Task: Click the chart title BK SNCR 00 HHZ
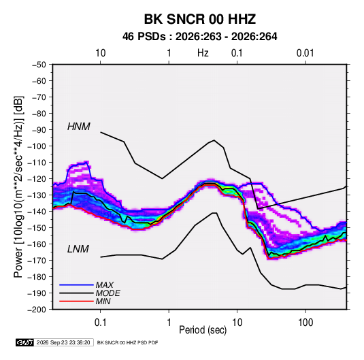(200, 19)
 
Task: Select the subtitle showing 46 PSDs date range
(199, 37)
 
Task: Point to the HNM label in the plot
(79, 127)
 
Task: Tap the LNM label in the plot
(78, 249)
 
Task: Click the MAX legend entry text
(105, 285)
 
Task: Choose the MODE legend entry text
(107, 293)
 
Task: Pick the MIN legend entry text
(103, 301)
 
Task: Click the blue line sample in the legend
(76, 285)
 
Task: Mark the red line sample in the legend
(76, 301)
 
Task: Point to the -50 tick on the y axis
(39, 65)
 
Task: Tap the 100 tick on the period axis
(305, 323)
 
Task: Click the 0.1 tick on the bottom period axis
(100, 323)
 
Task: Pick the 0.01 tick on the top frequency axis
(305, 53)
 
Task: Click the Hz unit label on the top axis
(203, 53)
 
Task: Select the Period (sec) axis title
(203, 330)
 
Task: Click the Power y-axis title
(18, 187)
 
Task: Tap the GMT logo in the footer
(24, 342)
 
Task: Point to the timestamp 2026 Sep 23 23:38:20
(63, 342)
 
